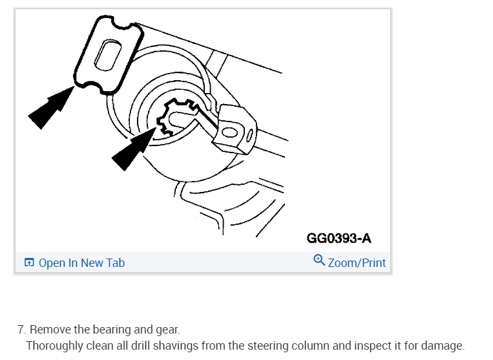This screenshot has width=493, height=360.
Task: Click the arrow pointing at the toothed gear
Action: pos(134,149)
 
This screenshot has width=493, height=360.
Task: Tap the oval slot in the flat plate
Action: pos(107,55)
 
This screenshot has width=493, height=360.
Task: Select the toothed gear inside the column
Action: pos(176,117)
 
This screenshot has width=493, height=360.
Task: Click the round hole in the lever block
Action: pos(230,132)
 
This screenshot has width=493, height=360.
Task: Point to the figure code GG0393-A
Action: pos(339,238)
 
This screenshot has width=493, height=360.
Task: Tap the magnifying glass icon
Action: pos(319,260)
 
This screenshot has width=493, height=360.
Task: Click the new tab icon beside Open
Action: pos(29,262)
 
